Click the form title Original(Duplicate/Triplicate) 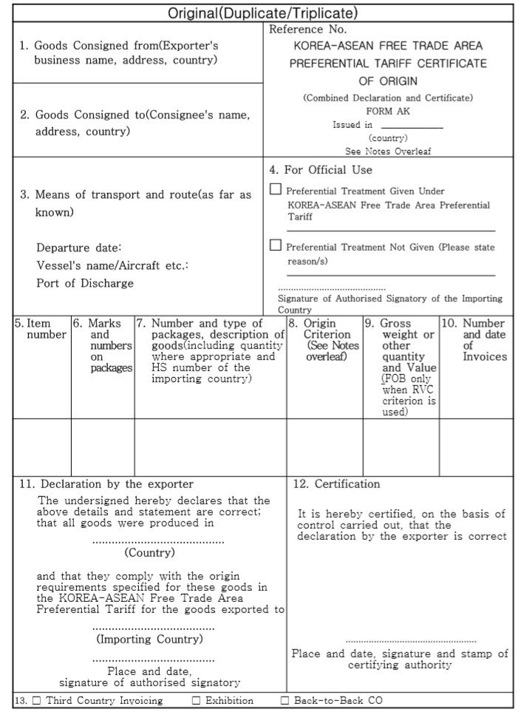262,13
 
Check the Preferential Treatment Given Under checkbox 276,189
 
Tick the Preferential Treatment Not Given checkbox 276,245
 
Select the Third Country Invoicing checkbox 36,700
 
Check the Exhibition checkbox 196,700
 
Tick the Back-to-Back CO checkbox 285,700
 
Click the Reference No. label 307,30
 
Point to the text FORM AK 388,112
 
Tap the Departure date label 78,247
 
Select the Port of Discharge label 86,283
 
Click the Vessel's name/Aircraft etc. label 112,265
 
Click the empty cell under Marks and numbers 102,447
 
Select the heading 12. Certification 336,484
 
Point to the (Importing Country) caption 149,638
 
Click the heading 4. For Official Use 320,169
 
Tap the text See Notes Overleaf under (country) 388,151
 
